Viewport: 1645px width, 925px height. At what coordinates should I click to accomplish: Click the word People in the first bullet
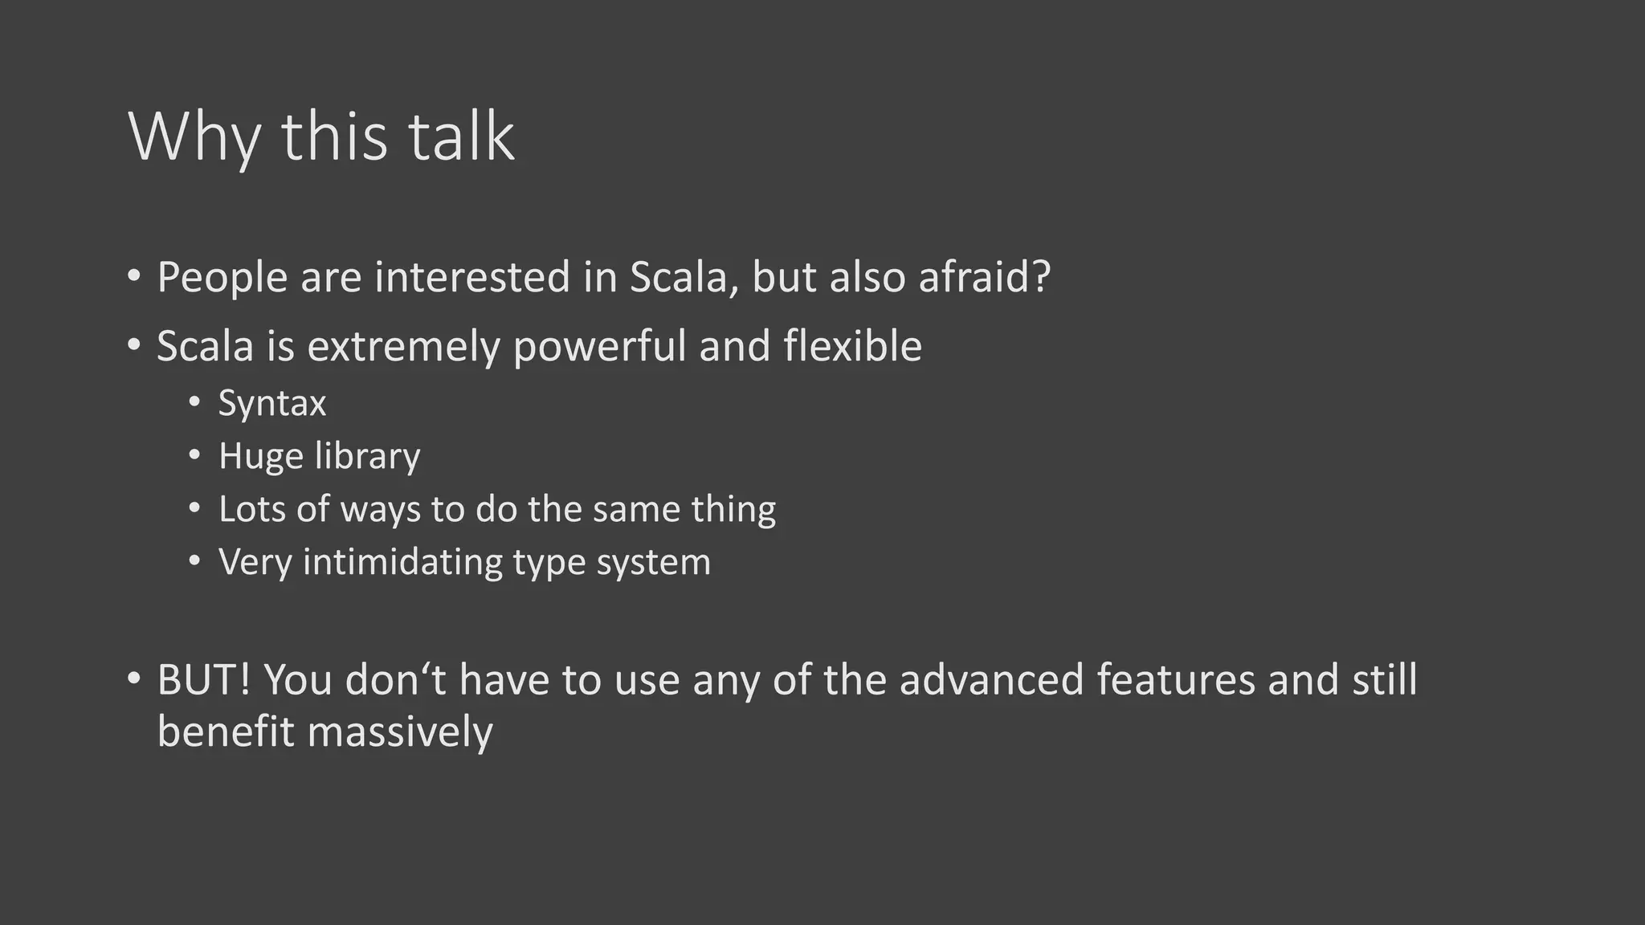[x=222, y=278]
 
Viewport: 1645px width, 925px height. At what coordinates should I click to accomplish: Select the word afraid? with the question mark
[x=985, y=278]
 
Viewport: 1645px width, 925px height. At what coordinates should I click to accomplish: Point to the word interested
[x=473, y=278]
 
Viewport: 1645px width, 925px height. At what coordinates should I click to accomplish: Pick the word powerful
[x=599, y=347]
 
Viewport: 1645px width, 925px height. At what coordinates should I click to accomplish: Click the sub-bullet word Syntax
[x=272, y=403]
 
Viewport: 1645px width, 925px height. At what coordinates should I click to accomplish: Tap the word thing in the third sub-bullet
[x=736, y=509]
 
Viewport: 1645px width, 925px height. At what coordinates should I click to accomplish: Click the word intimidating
[x=402, y=562]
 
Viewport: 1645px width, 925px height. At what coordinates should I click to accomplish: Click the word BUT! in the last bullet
[x=204, y=679]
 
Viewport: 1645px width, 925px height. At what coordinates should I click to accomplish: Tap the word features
[x=1175, y=679]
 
